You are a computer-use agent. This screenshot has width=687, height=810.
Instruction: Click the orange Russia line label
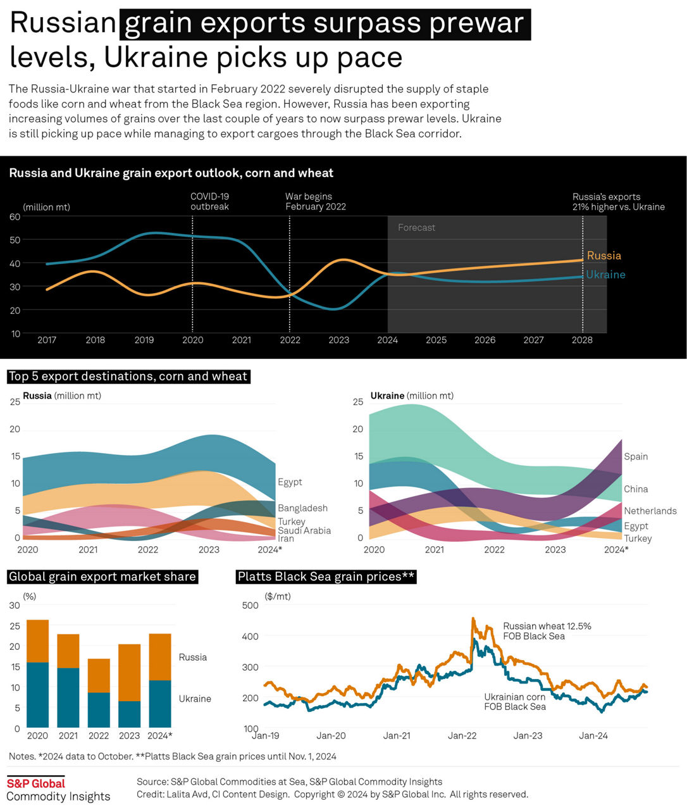[x=603, y=256]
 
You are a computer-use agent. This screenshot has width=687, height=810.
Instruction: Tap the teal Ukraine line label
[x=605, y=275]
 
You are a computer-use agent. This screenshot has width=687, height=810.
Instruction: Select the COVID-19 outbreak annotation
[x=209, y=201]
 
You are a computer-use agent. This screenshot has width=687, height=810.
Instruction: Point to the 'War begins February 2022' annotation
[x=315, y=201]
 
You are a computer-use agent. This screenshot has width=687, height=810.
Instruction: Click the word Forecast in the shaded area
[x=416, y=228]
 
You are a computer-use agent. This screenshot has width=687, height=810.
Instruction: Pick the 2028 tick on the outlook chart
[x=582, y=340]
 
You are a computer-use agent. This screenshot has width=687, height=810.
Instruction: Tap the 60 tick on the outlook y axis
[x=15, y=216]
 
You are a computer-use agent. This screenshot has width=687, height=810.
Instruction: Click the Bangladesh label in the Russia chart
[x=302, y=508]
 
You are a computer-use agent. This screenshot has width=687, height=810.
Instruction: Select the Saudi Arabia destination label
[x=304, y=531]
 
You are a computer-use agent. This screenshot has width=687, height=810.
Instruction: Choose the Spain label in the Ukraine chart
[x=636, y=457]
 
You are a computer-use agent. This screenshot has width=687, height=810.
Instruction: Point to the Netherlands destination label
[x=650, y=511]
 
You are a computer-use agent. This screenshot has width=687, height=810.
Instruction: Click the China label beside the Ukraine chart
[x=636, y=489]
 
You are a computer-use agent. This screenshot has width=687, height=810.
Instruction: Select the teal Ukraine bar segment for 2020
[x=38, y=695]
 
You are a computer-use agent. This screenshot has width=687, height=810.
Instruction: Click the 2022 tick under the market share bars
[x=99, y=736]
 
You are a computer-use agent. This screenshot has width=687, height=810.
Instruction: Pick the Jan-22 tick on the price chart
[x=462, y=736]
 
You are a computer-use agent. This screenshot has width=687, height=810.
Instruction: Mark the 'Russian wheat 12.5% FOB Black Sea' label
[x=547, y=631]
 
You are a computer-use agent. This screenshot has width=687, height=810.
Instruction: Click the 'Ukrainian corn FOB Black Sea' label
[x=514, y=702]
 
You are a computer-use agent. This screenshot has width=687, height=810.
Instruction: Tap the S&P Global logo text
[x=36, y=783]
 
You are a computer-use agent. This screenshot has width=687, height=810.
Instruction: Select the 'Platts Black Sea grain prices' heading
[x=326, y=577]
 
